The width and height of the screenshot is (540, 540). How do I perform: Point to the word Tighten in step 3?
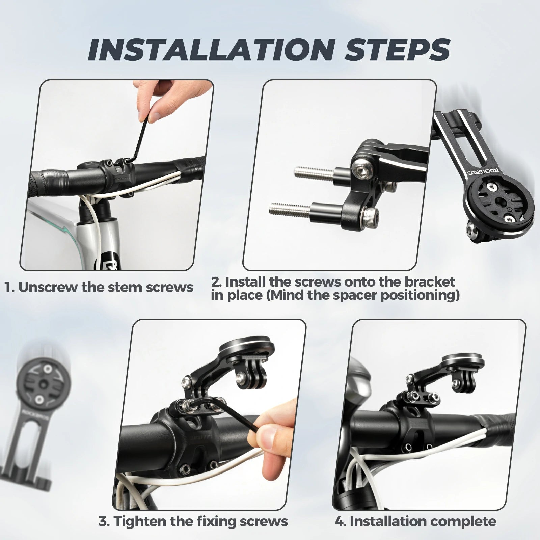pyautogui.click(x=139, y=521)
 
